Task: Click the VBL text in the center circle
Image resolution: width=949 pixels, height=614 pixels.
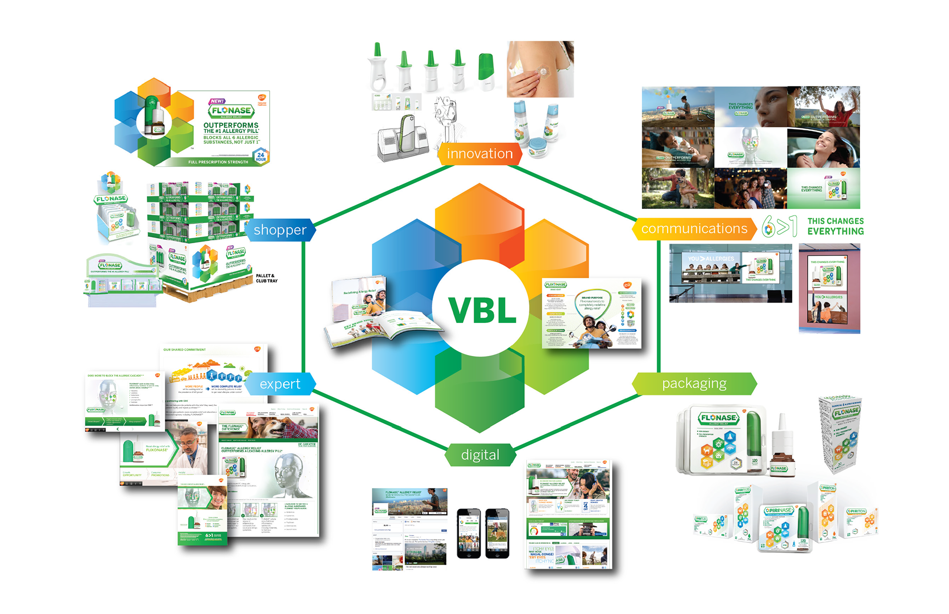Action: tap(482, 310)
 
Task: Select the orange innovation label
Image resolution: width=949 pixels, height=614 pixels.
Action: tap(479, 154)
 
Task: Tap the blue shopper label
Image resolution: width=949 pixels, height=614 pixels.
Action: tap(280, 230)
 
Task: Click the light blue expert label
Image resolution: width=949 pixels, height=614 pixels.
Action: tap(280, 384)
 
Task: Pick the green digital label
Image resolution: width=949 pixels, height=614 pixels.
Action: tap(480, 455)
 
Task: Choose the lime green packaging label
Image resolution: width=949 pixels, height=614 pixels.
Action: tap(694, 384)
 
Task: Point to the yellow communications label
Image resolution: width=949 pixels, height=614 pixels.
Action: tap(694, 228)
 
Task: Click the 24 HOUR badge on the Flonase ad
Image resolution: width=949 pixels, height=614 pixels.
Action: tap(260, 157)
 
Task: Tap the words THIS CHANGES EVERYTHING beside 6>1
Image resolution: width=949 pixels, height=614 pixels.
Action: tap(835, 226)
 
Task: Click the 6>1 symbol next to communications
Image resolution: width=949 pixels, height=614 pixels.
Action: tap(779, 226)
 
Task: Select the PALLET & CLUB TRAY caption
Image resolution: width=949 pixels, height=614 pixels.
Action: tap(266, 278)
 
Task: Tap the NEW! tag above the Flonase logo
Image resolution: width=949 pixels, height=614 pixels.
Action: tap(217, 101)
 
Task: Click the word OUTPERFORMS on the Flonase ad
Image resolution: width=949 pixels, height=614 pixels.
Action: tap(231, 125)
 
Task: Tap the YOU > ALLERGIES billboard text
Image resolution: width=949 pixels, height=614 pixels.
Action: tap(711, 259)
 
